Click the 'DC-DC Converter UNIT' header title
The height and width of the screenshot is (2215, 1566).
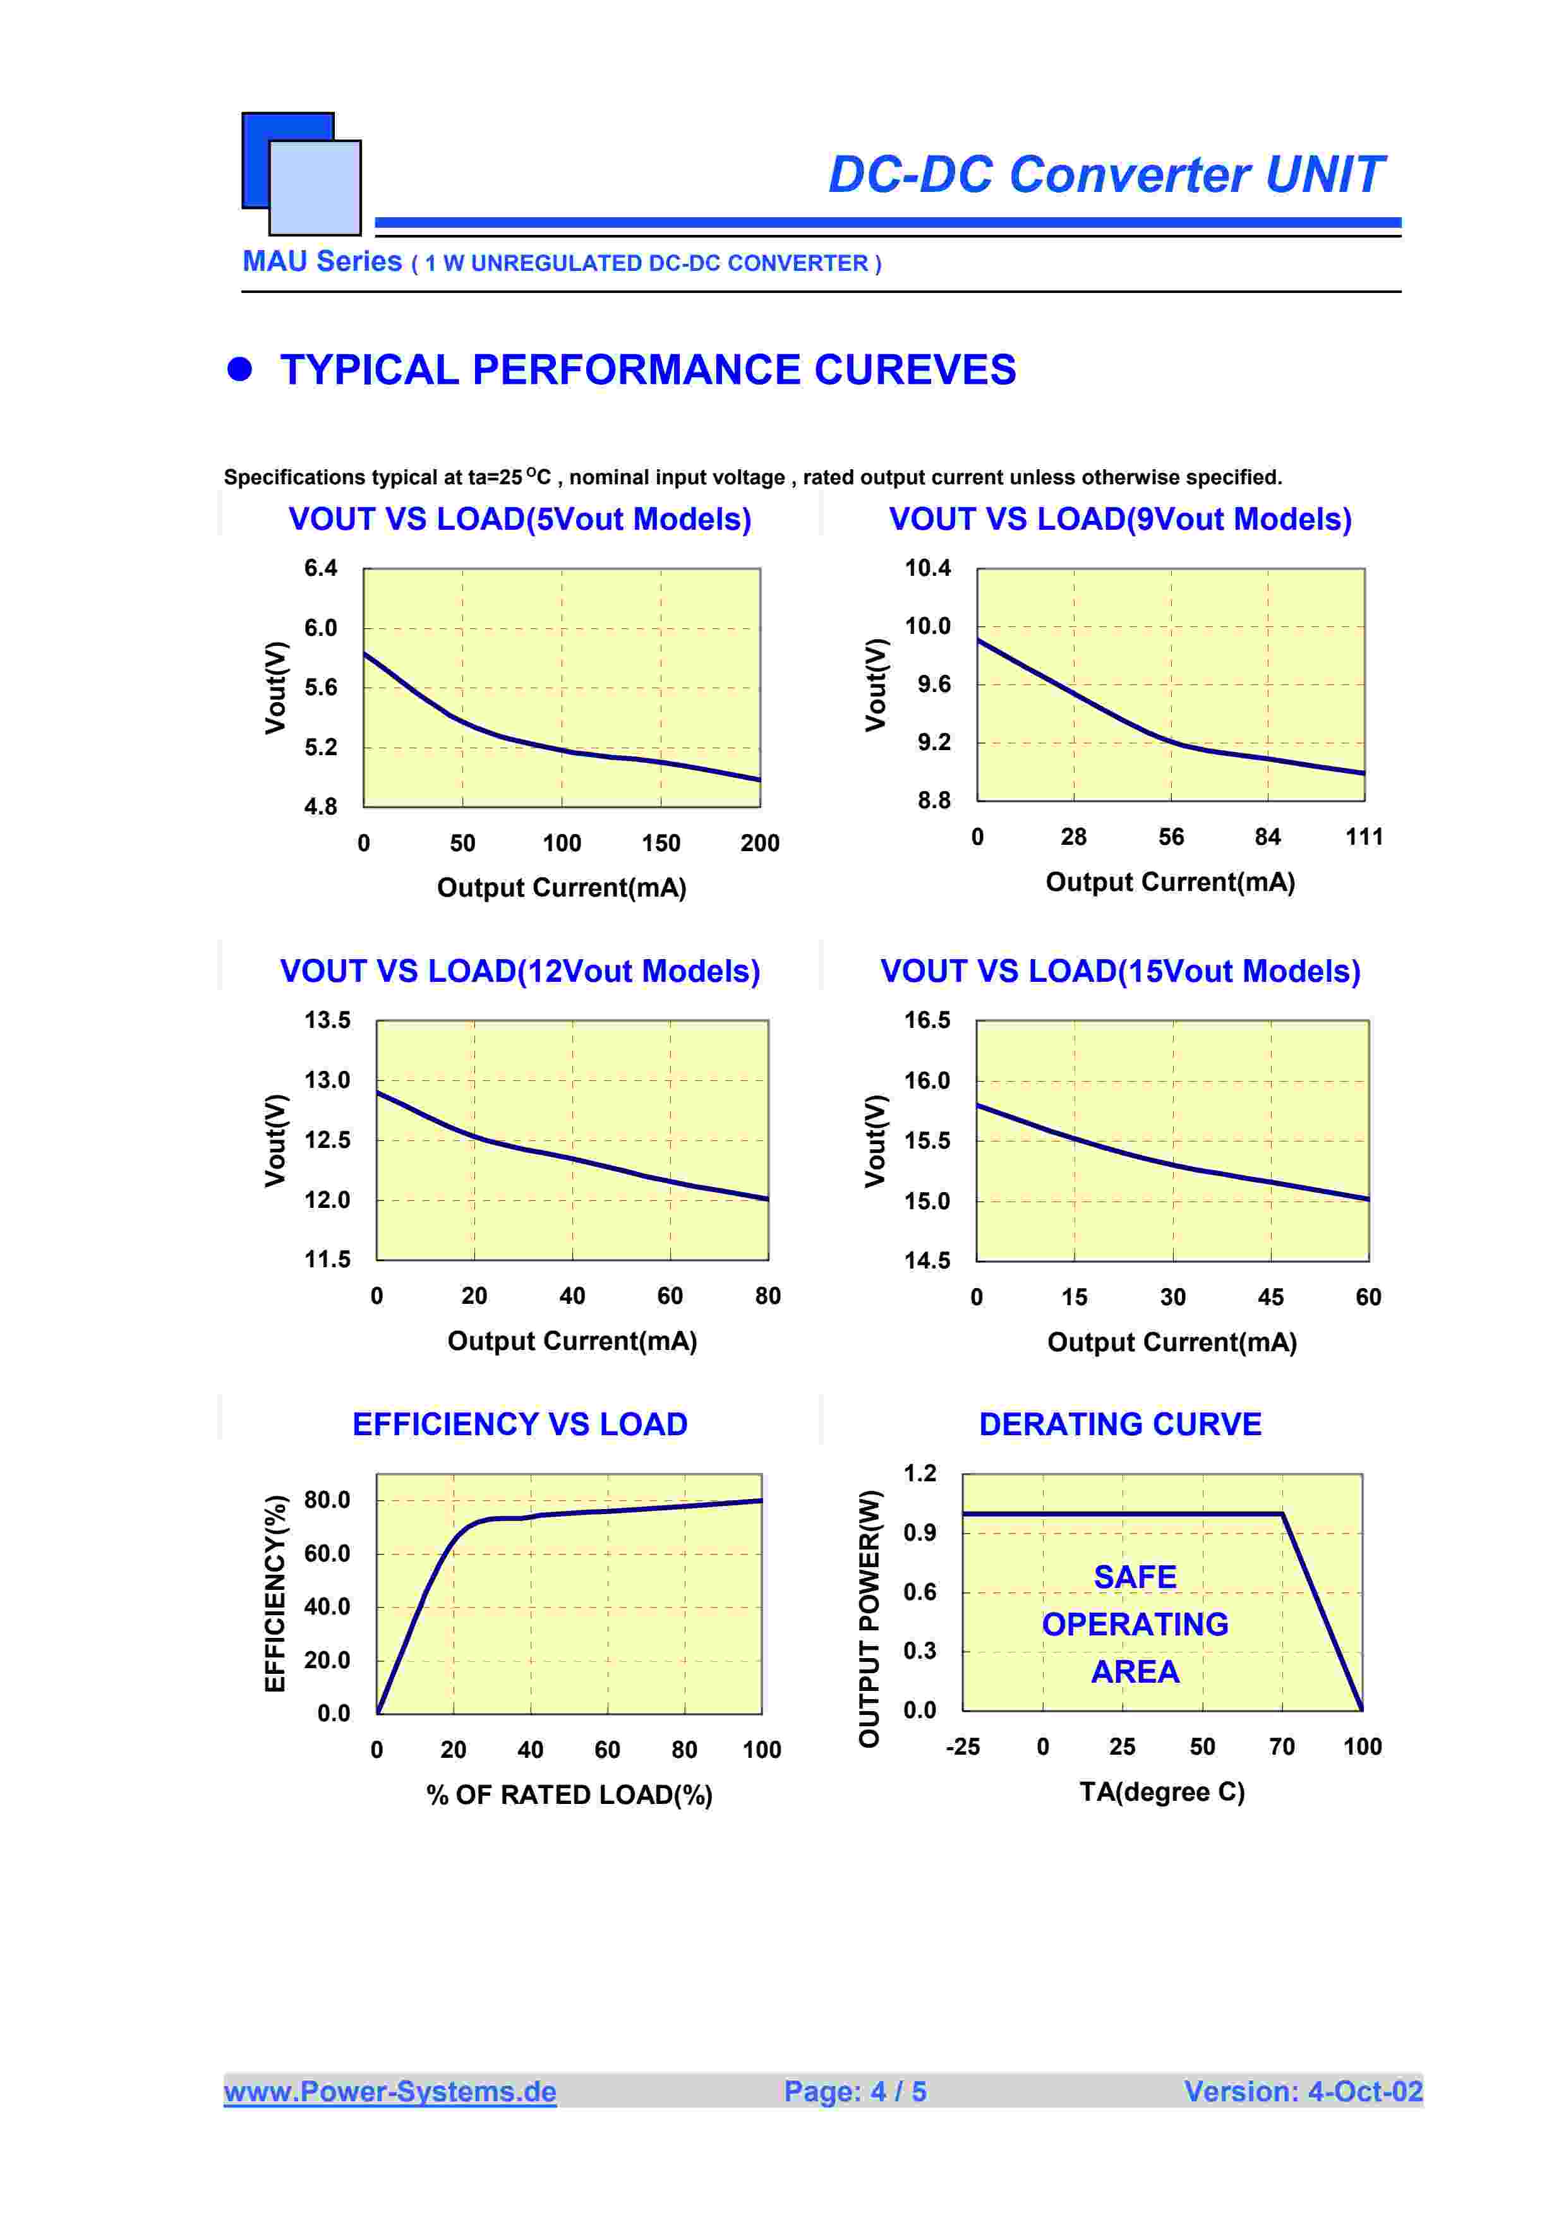[1105, 175]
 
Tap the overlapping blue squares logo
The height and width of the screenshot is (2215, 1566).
[301, 174]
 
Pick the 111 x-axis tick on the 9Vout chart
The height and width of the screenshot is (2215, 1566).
[1363, 837]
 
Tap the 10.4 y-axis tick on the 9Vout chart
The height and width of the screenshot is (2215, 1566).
[927, 568]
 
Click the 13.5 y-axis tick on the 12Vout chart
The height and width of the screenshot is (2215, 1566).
[327, 1020]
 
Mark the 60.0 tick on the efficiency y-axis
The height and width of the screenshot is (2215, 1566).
[327, 1553]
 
